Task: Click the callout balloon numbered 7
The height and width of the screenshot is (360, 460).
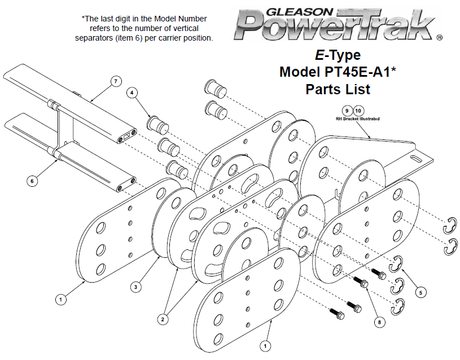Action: pyautogui.click(x=116, y=81)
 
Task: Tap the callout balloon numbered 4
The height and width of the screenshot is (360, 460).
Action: pyautogui.click(x=132, y=93)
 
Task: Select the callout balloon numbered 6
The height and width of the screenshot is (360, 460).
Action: pyautogui.click(x=32, y=181)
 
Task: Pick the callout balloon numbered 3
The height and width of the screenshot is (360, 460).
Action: pyautogui.click(x=135, y=287)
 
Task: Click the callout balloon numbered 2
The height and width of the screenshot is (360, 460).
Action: pyautogui.click(x=163, y=319)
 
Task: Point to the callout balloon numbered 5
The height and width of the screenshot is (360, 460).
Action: pyautogui.click(x=420, y=292)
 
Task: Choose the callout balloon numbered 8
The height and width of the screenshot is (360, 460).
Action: pyautogui.click(x=379, y=322)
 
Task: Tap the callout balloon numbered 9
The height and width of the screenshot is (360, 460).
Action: pyautogui.click(x=347, y=111)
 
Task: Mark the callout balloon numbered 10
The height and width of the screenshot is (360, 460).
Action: pyautogui.click(x=358, y=111)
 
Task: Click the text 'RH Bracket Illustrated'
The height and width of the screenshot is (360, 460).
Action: pyautogui.click(x=358, y=119)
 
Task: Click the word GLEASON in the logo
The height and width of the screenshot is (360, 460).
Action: pyautogui.click(x=300, y=12)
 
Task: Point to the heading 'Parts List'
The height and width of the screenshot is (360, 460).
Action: pyautogui.click(x=338, y=89)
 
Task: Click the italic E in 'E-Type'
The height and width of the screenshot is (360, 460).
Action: pyautogui.click(x=319, y=55)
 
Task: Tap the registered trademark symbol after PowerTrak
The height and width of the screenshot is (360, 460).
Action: pyautogui.click(x=440, y=37)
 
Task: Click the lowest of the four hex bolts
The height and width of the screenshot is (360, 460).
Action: pyautogui.click(x=338, y=314)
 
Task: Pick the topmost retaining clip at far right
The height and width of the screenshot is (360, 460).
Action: pyautogui.click(x=450, y=226)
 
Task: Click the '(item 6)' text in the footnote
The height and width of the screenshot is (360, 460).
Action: pyautogui.click(x=129, y=38)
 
